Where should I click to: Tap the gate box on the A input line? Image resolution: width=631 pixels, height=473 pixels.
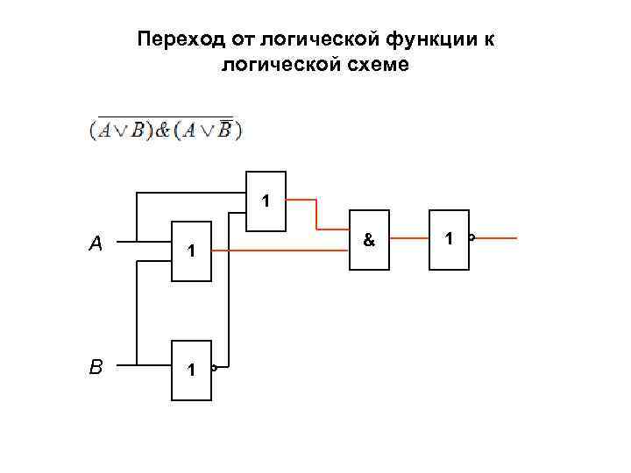(191, 250)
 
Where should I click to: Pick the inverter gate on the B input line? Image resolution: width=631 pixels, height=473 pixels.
(191, 370)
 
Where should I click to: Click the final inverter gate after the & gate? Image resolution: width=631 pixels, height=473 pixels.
(449, 238)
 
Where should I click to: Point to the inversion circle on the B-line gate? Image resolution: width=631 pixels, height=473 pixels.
(214, 368)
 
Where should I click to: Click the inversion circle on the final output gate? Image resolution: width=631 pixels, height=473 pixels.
(471, 238)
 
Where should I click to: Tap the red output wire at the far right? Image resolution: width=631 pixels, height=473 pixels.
(496, 238)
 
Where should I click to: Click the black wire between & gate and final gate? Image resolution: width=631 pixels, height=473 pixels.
(409, 238)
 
